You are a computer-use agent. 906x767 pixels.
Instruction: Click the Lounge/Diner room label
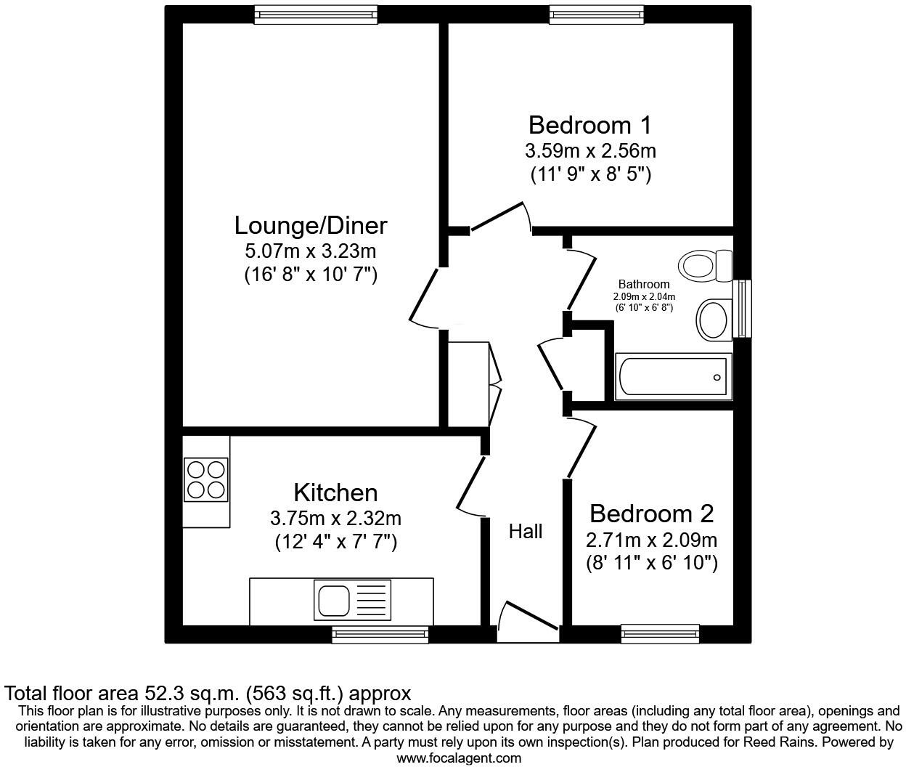coord(311,225)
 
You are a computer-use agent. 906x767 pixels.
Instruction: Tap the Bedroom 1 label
coord(589,125)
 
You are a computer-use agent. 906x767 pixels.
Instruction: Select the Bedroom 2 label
coord(651,514)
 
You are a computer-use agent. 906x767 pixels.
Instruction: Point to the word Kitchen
coord(335,492)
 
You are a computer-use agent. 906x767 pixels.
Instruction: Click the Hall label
coord(525,532)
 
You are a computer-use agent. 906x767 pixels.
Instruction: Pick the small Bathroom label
coord(644,284)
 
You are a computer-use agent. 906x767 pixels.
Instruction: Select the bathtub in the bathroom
coord(672,376)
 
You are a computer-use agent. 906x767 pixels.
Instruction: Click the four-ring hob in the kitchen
coord(206,479)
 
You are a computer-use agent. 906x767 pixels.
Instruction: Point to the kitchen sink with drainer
coord(352,600)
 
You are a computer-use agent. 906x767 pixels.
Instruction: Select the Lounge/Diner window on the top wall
coord(316,14)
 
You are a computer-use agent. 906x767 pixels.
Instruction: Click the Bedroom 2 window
coord(660,634)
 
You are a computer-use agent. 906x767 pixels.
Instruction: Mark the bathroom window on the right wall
coord(742,309)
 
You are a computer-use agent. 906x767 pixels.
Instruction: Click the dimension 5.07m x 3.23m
coord(311,252)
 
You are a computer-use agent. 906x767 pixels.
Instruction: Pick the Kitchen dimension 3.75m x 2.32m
coord(335,519)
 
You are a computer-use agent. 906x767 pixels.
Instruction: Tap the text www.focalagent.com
coord(459,758)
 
